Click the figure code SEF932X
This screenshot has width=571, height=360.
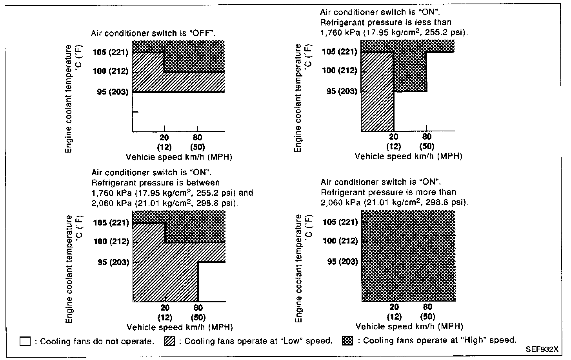[x=542, y=349]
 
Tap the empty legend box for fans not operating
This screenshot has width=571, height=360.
[x=25, y=342]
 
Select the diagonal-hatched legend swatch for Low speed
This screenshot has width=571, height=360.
[x=169, y=341]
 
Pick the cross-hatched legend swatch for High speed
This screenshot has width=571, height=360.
[x=347, y=341]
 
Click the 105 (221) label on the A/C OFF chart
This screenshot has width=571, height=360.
[x=111, y=53]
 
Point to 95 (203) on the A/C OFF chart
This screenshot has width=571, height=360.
[x=113, y=91]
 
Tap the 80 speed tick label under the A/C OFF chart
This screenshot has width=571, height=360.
[x=197, y=137]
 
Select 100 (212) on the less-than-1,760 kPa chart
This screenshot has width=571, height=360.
[x=340, y=70]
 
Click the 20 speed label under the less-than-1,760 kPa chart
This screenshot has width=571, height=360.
[x=394, y=136]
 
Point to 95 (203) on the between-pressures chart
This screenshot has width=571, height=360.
[x=114, y=262]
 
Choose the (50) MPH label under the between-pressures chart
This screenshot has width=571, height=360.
[x=198, y=317]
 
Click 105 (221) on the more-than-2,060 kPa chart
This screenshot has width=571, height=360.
[x=340, y=222]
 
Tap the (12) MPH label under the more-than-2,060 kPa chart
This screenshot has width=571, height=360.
[x=395, y=316]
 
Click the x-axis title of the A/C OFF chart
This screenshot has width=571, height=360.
[x=179, y=157]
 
